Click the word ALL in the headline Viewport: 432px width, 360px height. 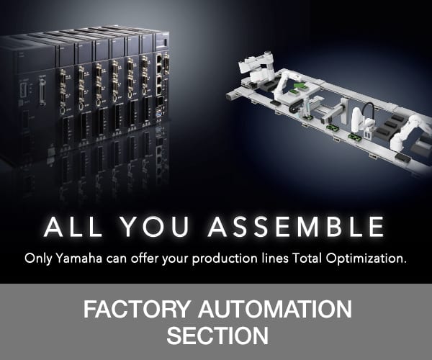pyautogui.click(x=73, y=227)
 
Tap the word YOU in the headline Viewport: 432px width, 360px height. pyautogui.click(x=155, y=227)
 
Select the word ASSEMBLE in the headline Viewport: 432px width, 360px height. pyautogui.click(x=296, y=227)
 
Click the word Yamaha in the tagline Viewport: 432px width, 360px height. pyautogui.click(x=79, y=259)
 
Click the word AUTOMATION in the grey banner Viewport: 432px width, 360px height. pyautogui.click(x=275, y=310)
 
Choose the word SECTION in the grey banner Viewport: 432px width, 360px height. pyautogui.click(x=217, y=336)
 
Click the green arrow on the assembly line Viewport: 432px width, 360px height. pyautogui.click(x=297, y=88)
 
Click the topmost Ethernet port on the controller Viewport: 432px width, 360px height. pyautogui.click(x=159, y=60)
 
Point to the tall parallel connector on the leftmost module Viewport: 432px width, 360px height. pyautogui.click(x=42, y=91)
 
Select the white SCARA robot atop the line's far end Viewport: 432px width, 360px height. pyautogui.click(x=257, y=66)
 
